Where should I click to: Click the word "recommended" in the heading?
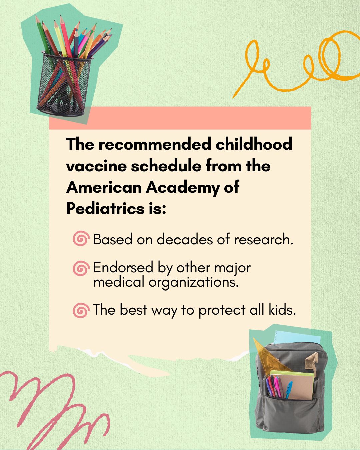point(154,144)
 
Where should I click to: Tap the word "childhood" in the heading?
point(254,144)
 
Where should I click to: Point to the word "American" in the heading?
point(104,187)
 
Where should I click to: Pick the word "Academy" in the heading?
point(182,188)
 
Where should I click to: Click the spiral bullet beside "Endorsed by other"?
point(81,268)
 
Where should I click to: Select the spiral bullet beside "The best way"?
point(81,310)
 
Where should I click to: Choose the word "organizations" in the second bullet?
point(194,282)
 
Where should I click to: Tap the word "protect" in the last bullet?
point(222,310)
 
